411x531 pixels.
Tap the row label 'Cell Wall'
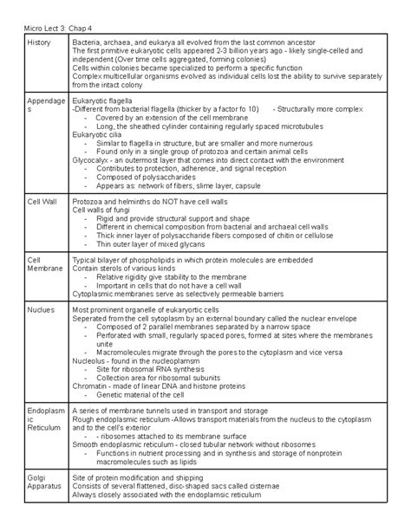pyautogui.click(x=42, y=200)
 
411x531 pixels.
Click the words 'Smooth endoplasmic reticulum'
pyautogui.click(x=123, y=444)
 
